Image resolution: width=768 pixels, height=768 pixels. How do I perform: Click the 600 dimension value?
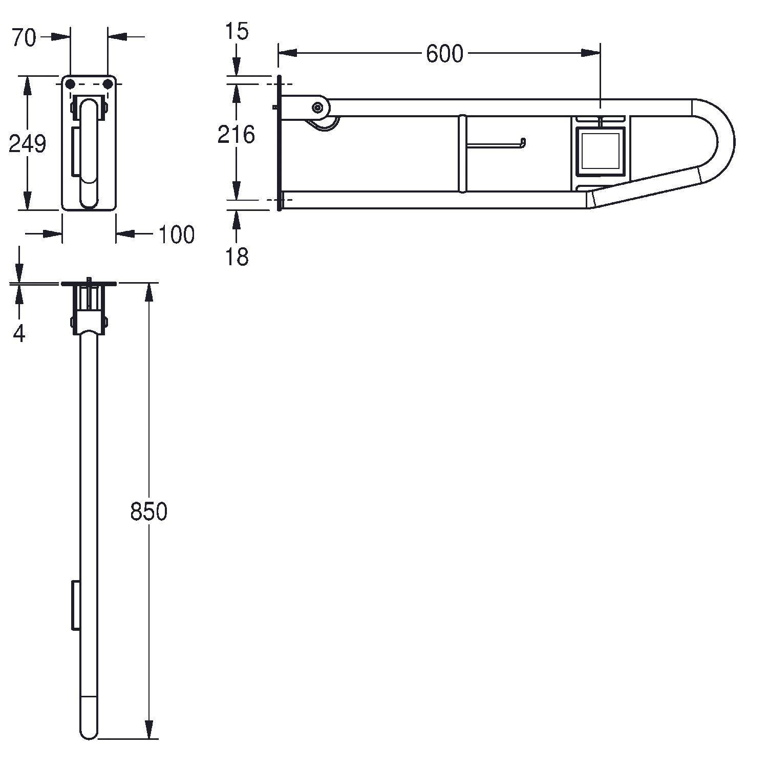tap(444, 54)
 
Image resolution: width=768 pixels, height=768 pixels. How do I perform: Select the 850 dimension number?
tap(148, 511)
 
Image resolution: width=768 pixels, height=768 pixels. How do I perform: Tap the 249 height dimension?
tap(28, 144)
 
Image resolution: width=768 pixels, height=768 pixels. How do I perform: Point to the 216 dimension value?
tap(236, 135)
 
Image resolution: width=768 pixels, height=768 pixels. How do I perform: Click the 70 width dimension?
tap(24, 38)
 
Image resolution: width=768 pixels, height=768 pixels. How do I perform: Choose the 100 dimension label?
tap(176, 234)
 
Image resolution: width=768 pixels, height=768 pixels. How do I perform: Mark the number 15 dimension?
tap(237, 32)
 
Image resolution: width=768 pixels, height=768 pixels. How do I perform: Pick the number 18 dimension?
tap(237, 257)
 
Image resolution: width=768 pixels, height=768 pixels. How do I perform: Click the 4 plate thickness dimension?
tap(19, 334)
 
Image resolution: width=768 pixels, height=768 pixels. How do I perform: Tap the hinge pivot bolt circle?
tap(318, 108)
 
